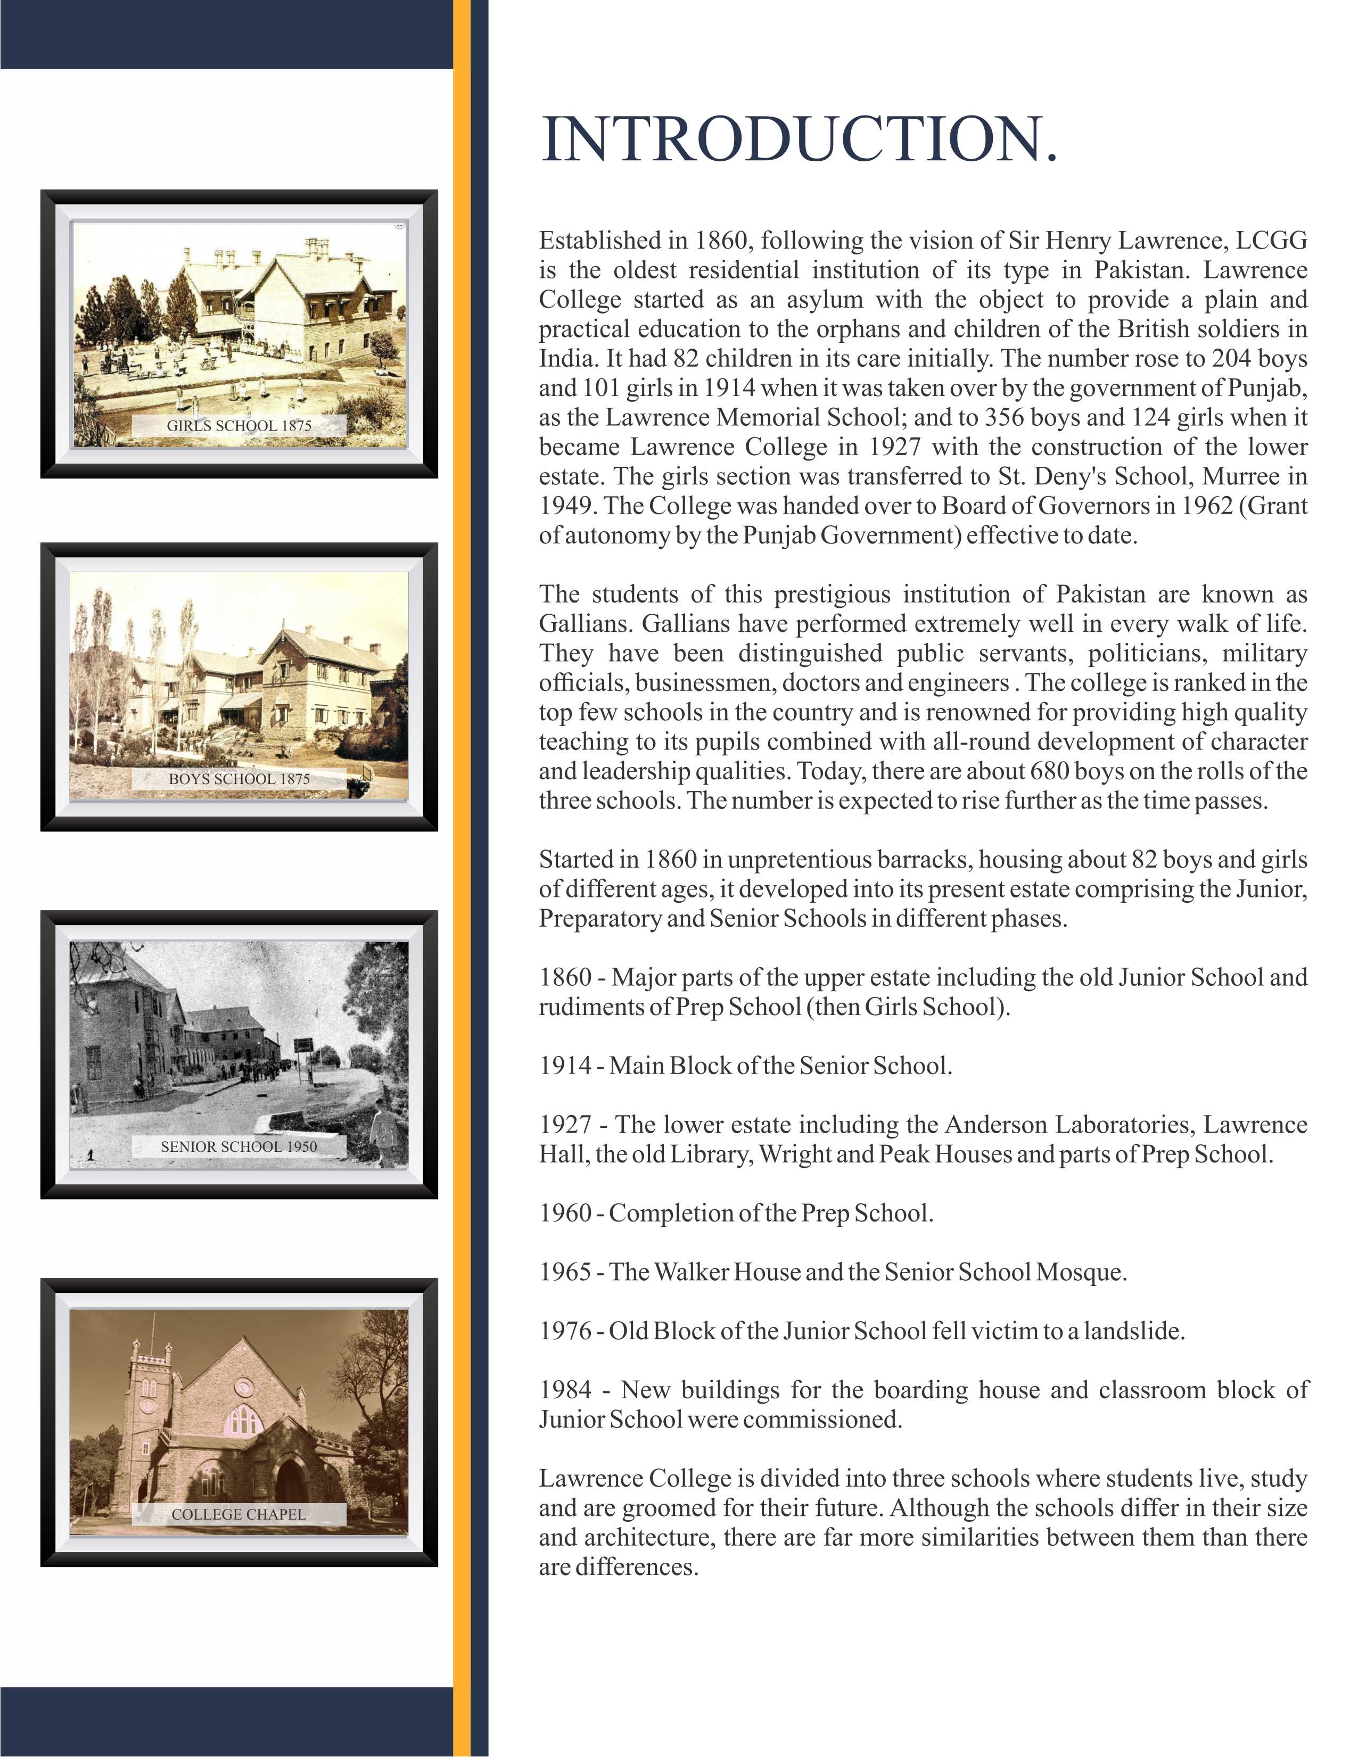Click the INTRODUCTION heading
[x=799, y=139]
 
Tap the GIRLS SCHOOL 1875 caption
[x=239, y=426]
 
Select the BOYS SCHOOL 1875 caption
[x=239, y=779]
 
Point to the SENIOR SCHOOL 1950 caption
[x=239, y=1146]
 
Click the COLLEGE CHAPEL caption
[x=239, y=1514]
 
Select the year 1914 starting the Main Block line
[x=565, y=1066]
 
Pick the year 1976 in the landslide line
[x=565, y=1331]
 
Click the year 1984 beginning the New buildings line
[x=565, y=1390]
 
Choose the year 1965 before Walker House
[x=565, y=1272]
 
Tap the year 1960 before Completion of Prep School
[x=565, y=1213]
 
